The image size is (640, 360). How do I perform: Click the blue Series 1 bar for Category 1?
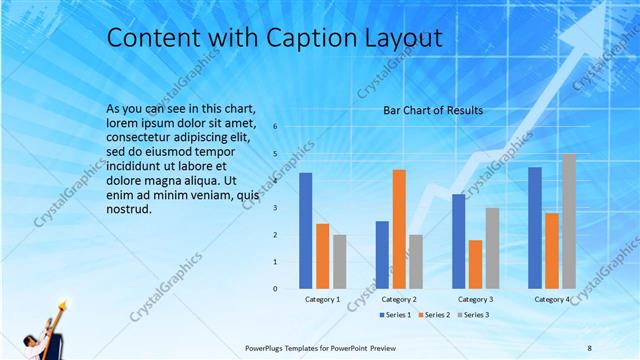tap(306, 231)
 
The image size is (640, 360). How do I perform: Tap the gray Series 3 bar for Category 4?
tap(568, 221)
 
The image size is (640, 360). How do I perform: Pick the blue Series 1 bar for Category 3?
tap(458, 241)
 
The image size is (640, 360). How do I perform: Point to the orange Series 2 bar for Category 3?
tap(475, 264)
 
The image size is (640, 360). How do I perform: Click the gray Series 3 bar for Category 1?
tap(340, 261)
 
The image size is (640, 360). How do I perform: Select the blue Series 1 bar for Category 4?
tap(535, 228)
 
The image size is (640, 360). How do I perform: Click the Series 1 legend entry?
tap(396, 315)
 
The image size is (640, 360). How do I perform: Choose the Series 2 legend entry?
tap(434, 315)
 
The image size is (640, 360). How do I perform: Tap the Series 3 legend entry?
tap(472, 315)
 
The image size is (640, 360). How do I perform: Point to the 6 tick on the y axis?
tap(276, 127)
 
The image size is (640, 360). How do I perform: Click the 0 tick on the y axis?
tap(276, 289)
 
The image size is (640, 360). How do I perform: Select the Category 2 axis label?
tap(399, 299)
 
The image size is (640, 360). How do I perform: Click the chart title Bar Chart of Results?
tap(433, 110)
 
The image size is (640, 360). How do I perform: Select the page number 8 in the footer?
tap(590, 347)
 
